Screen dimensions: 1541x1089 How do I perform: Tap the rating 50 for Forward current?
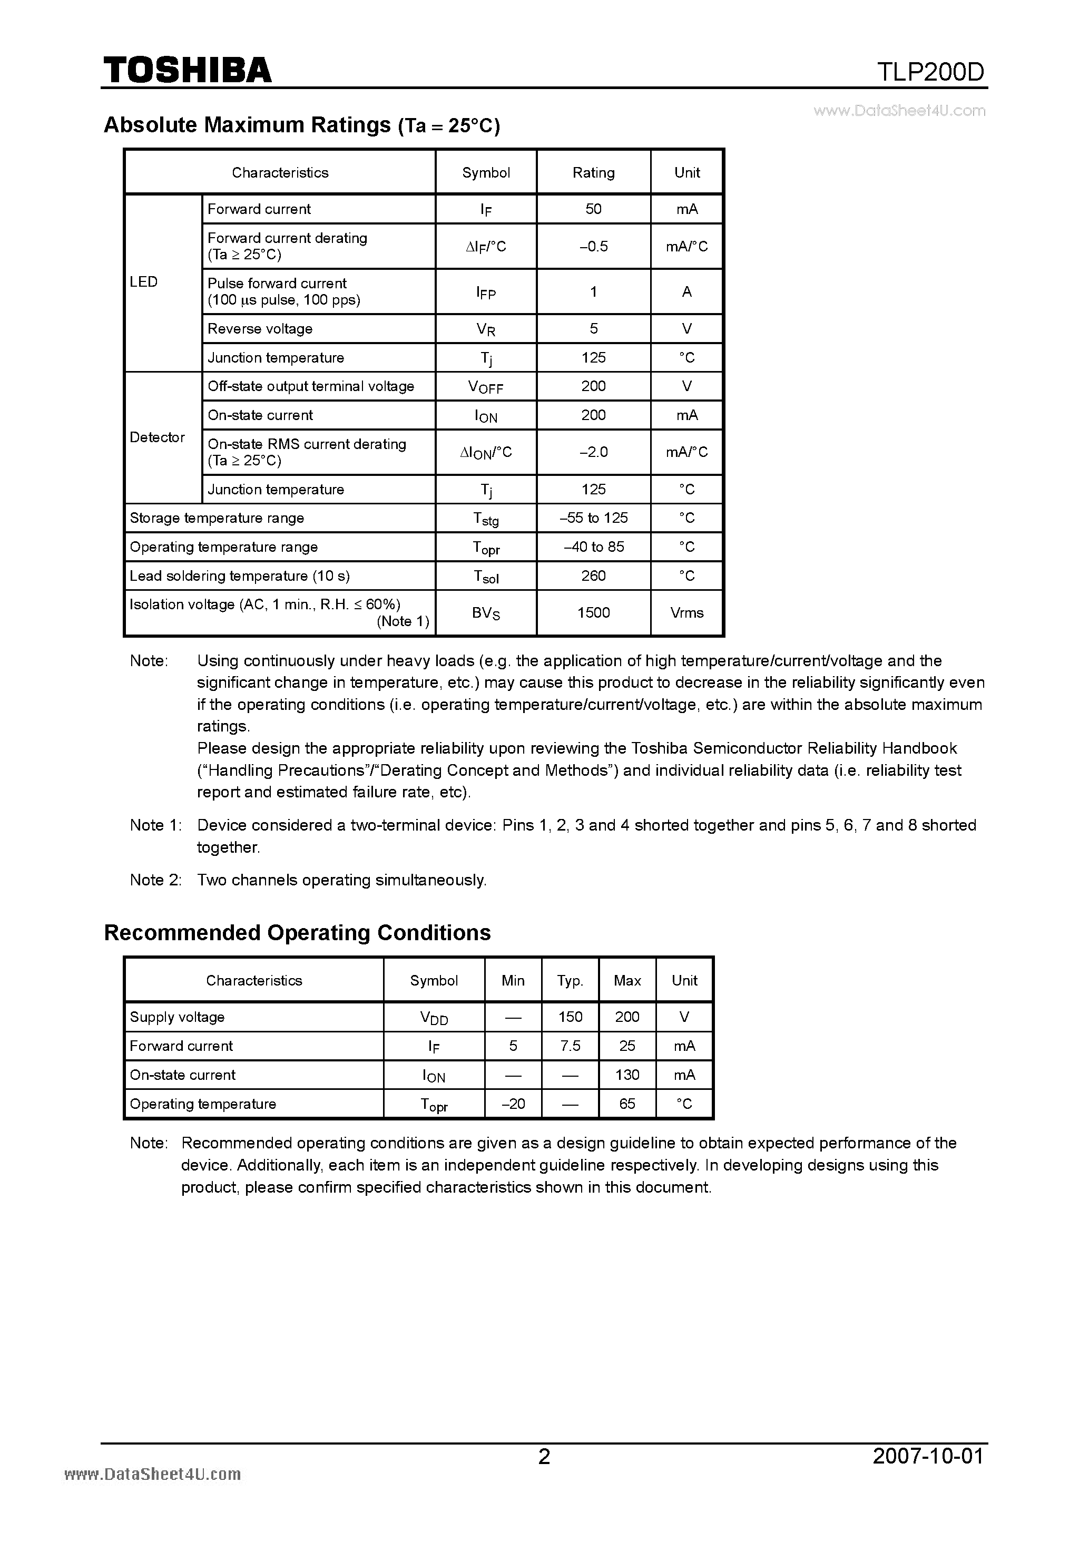593,209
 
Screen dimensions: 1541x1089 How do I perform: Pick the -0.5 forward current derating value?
593,246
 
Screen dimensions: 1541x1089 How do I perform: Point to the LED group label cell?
144,282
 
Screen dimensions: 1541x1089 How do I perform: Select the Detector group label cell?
157,437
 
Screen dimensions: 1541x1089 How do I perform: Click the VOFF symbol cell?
486,387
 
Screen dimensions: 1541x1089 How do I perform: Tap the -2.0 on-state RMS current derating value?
593,452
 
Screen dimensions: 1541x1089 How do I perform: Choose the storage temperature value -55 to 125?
593,518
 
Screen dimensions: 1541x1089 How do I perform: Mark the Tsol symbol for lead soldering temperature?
486,577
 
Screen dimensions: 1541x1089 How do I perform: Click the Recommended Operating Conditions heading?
297,933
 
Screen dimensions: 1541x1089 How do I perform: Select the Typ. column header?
570,981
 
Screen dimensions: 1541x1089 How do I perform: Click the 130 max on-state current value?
627,1075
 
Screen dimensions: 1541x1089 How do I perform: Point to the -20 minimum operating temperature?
513,1104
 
